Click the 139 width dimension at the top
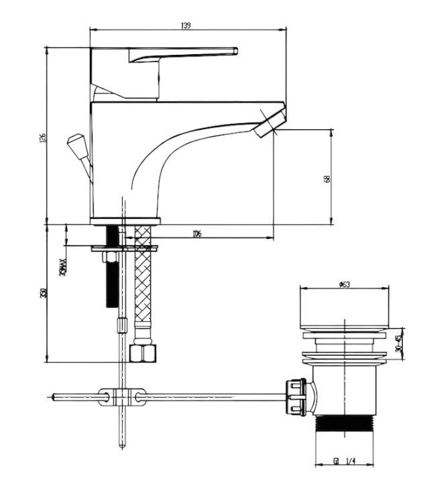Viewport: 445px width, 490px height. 186,25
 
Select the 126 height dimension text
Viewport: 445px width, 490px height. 42,137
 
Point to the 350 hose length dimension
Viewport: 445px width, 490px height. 42,293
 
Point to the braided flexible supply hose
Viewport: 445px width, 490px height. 143,288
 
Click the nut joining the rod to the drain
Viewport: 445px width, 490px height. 296,397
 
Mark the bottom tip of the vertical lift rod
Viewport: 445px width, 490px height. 121,445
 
